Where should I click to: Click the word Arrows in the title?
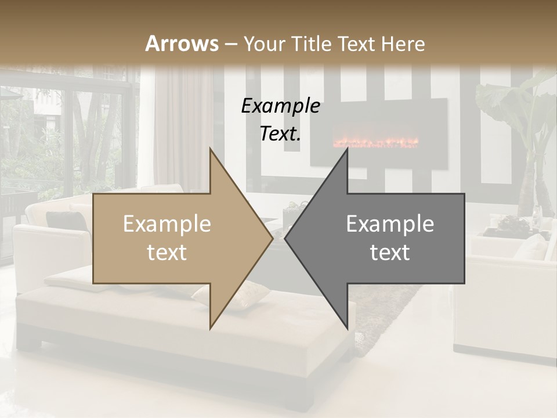tap(182, 44)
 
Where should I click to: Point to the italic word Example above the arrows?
tap(280, 106)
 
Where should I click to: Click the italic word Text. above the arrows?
tap(280, 134)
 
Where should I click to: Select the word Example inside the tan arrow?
tap(167, 224)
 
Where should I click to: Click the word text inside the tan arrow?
tap(167, 253)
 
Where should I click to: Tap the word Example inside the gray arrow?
tap(390, 224)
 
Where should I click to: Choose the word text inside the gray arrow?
tap(390, 253)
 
